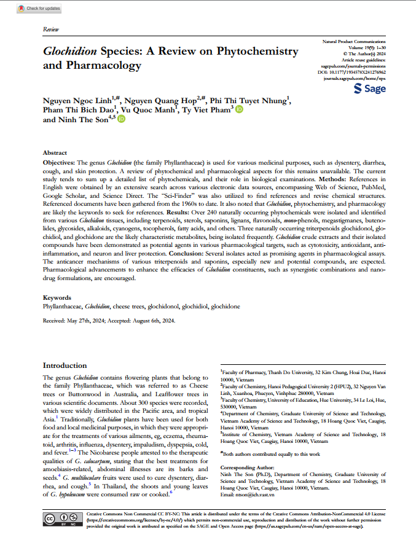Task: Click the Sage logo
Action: (371, 89)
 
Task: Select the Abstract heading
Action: (55, 152)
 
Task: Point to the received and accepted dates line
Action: (109, 321)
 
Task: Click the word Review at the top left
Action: (51, 29)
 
